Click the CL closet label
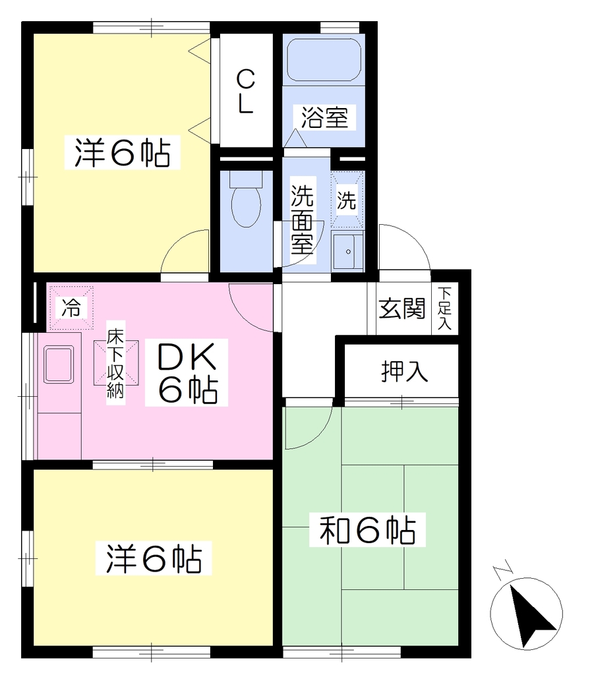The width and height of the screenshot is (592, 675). point(246,92)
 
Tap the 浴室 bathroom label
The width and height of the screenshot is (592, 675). point(324,117)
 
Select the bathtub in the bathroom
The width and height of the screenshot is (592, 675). point(324,60)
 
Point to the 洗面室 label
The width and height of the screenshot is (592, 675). point(302,220)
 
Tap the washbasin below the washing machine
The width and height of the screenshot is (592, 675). point(347,251)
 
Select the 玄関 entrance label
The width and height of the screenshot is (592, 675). point(402,308)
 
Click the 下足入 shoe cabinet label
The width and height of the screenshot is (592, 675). point(444,308)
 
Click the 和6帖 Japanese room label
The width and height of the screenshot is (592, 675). point(367,530)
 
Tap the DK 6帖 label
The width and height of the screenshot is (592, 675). point(187,373)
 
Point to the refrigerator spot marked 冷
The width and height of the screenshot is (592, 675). point(71,308)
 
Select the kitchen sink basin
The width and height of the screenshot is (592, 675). point(59,364)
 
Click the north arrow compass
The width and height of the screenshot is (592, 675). point(526,613)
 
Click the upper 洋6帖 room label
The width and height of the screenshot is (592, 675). point(122,152)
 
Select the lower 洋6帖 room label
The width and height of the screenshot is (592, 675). point(154,559)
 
